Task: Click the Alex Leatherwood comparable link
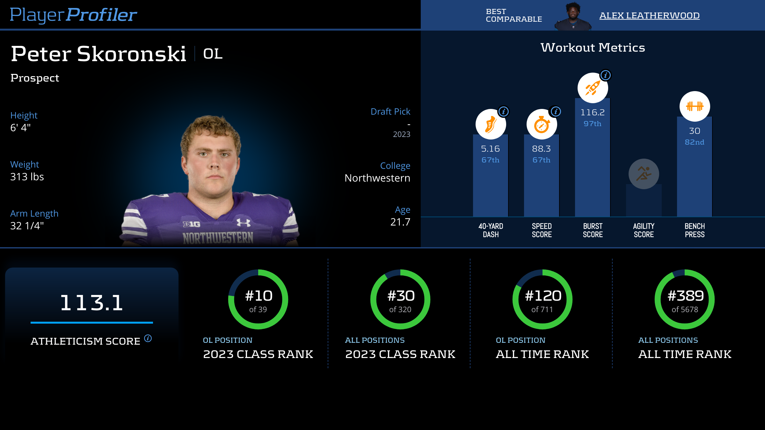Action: tap(649, 15)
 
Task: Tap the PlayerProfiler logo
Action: tap(73, 15)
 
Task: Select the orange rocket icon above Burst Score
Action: tap(593, 88)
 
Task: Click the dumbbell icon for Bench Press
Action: tap(695, 106)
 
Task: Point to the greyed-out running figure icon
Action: tap(644, 174)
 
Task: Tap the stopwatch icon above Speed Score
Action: tap(542, 124)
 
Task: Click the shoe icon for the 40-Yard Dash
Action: tap(491, 124)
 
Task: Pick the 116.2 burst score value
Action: tap(592, 112)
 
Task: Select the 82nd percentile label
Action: tap(695, 142)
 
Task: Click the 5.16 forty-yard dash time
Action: tap(490, 149)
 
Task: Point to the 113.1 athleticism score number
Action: tap(92, 303)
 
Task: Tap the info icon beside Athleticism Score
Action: tap(148, 338)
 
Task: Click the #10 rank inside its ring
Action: tap(259, 296)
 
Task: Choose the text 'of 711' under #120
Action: tap(542, 310)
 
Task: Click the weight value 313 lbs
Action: tap(27, 177)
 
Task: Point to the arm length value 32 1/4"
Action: tap(27, 226)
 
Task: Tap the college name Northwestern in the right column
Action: tap(377, 178)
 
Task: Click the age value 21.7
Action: tap(400, 222)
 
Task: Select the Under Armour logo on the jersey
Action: tap(244, 222)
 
